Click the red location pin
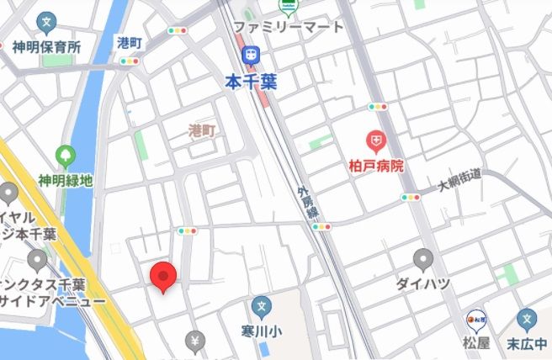click(x=162, y=277)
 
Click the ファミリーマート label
click(x=289, y=27)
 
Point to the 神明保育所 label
click(x=46, y=47)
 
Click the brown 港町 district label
click(x=203, y=130)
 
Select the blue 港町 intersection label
click(x=129, y=42)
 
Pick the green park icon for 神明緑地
click(x=65, y=156)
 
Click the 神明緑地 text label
click(x=65, y=180)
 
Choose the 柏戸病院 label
click(x=376, y=166)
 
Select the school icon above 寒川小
click(x=262, y=306)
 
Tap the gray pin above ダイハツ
click(x=423, y=259)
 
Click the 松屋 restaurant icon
click(x=477, y=320)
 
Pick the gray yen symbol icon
click(x=195, y=341)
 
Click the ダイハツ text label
click(x=423, y=283)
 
